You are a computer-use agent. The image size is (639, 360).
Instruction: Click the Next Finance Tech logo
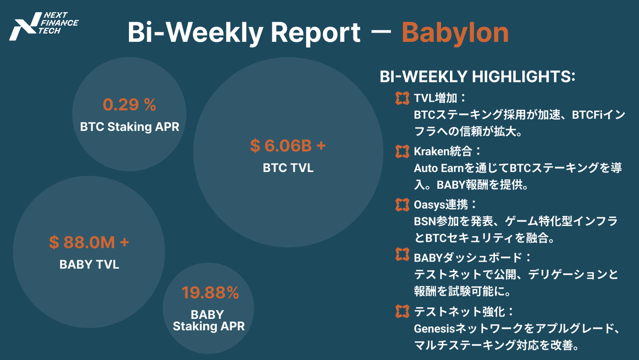[x=44, y=27]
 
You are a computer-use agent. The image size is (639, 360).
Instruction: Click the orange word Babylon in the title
[x=455, y=32]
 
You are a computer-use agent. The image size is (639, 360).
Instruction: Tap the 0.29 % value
[x=129, y=105]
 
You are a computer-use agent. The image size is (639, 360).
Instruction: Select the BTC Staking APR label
[x=129, y=127]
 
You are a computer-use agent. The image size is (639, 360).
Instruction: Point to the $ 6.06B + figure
[x=288, y=146]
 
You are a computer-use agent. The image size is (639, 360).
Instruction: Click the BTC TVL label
[x=288, y=168]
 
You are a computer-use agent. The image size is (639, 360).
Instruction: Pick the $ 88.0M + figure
[x=89, y=242]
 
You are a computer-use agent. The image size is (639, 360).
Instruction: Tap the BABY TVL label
[x=89, y=264]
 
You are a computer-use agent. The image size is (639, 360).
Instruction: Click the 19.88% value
[x=210, y=293]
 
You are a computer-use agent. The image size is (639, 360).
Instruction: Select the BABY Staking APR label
[x=209, y=320]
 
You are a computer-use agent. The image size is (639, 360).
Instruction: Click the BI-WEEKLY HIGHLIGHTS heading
[x=477, y=77]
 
